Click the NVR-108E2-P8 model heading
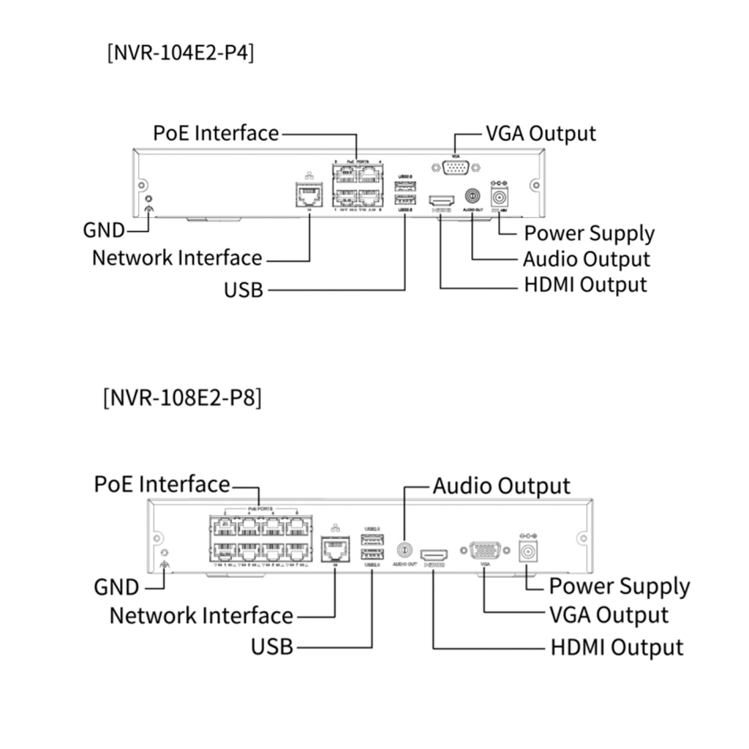183,399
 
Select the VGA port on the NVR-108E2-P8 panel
484,550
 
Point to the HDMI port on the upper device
442,200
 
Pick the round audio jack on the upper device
473,197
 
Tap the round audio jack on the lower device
404,549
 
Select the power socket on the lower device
527,552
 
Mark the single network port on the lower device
335,549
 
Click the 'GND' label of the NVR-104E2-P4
103,230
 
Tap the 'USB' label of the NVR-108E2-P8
272,647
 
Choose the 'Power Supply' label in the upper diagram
590,234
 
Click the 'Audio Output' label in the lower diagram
501,486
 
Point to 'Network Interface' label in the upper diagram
177,258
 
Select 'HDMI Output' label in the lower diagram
617,647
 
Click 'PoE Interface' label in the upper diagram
216,133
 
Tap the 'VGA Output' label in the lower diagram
609,615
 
